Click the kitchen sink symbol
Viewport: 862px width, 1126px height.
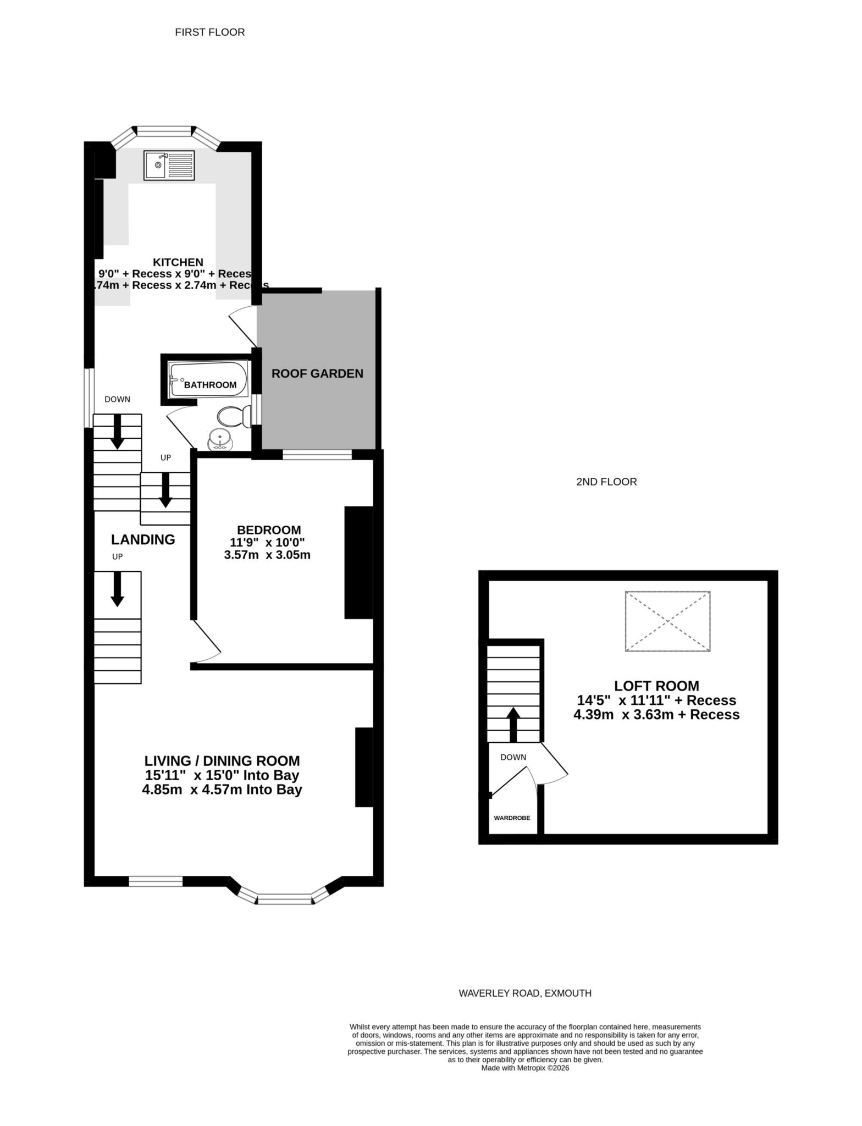tap(169, 165)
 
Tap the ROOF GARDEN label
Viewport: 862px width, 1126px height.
tap(317, 374)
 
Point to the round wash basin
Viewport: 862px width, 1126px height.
tap(220, 441)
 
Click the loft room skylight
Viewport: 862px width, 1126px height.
tap(667, 621)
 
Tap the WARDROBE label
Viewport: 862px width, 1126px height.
tap(512, 818)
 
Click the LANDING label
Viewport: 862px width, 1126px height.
tap(143, 540)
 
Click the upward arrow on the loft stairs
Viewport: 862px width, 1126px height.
tap(513, 725)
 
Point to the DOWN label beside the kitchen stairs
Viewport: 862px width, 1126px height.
tap(117, 399)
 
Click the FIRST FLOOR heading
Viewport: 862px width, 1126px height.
tap(209, 32)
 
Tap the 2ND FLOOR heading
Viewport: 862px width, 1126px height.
tap(606, 482)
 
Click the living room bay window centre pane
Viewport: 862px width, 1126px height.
tap(284, 900)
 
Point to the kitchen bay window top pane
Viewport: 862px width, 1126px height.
tap(164, 131)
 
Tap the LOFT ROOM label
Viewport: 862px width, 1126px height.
tap(656, 686)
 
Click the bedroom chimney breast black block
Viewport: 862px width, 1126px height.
tap(358, 562)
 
